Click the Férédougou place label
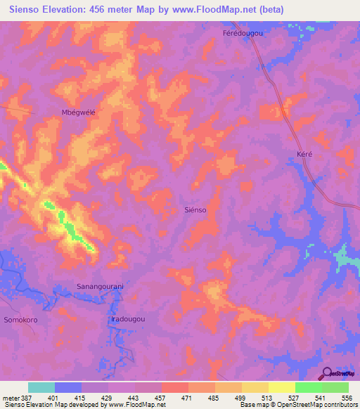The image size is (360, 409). click(243, 34)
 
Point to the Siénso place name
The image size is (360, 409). click(197, 209)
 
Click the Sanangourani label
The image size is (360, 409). click(100, 287)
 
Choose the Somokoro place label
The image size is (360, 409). click(22, 319)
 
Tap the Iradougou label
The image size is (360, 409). click(128, 319)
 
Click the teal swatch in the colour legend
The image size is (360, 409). click(41, 387)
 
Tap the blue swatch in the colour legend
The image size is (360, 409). click(68, 387)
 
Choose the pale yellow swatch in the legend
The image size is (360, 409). click(281, 387)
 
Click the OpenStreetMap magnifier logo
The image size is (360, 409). click(326, 374)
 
